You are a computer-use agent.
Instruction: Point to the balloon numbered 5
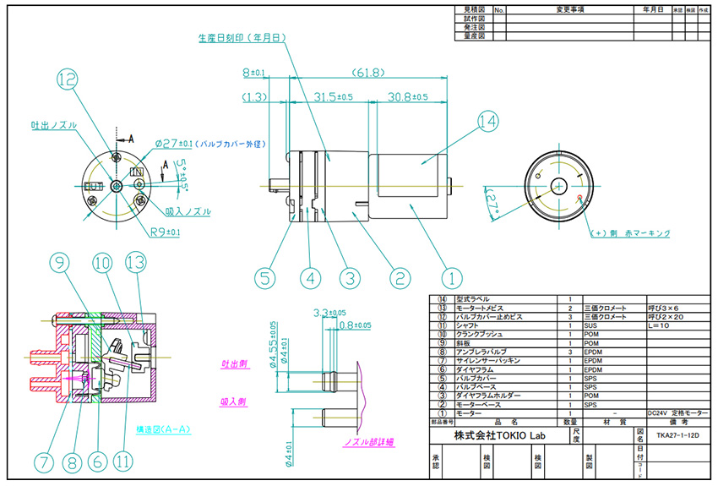click(x=265, y=276)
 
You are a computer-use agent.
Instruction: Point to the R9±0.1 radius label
click(x=162, y=231)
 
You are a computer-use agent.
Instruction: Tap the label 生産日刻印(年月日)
click(x=239, y=38)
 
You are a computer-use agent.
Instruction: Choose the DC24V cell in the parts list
click(x=656, y=413)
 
